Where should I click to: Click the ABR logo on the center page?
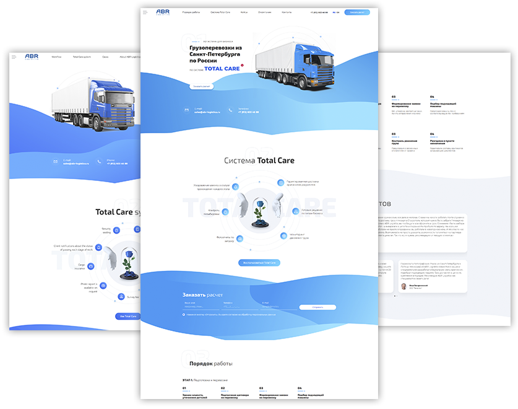tap(162, 12)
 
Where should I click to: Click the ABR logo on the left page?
tap(32, 56)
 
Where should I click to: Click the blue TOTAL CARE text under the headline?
tap(223, 69)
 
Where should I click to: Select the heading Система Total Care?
tap(259, 161)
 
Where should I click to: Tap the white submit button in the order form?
tap(317, 307)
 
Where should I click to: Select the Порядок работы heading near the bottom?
tap(211, 363)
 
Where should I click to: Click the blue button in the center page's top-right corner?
tap(356, 12)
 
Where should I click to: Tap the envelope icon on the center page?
tap(187, 110)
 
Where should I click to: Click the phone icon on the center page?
tap(230, 110)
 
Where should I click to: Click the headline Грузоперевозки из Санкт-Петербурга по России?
tap(216, 54)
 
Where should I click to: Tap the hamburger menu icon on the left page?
tap(14, 57)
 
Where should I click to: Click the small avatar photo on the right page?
tap(404, 287)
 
